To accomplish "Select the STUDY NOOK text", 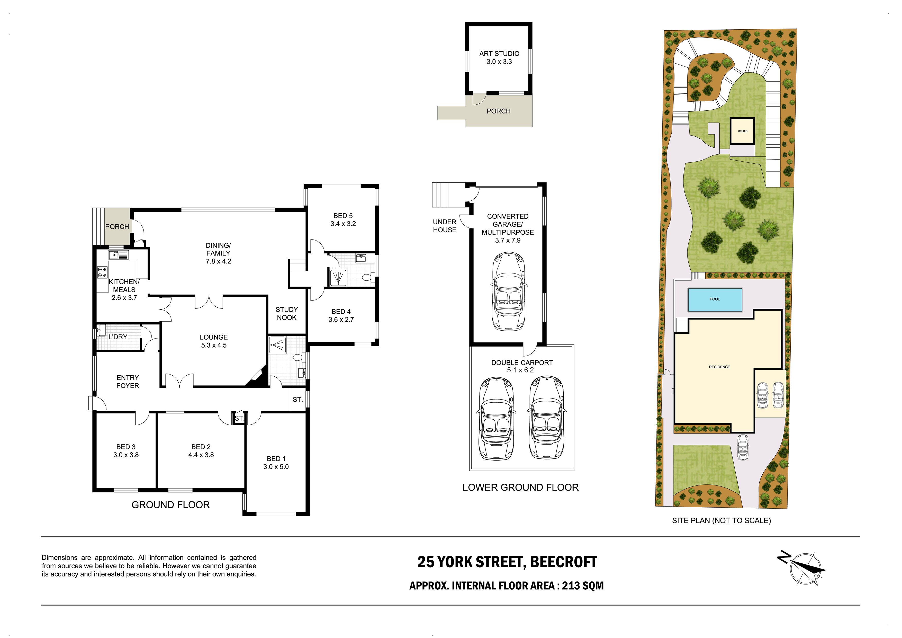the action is pos(287,314).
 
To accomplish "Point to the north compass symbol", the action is pos(801,569).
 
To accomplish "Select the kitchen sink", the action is pos(118,255).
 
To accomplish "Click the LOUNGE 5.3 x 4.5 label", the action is pos(214,341).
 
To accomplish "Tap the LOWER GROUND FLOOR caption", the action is pos(520,488).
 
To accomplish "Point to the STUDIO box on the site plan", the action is pos(743,131).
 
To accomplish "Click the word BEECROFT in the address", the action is pos(564,562).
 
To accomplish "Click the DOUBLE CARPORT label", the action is pos(522,363).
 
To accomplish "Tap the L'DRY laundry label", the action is pos(118,337).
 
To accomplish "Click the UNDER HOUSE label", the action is pos(445,226).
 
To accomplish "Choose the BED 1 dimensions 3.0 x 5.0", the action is pos(276,467).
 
